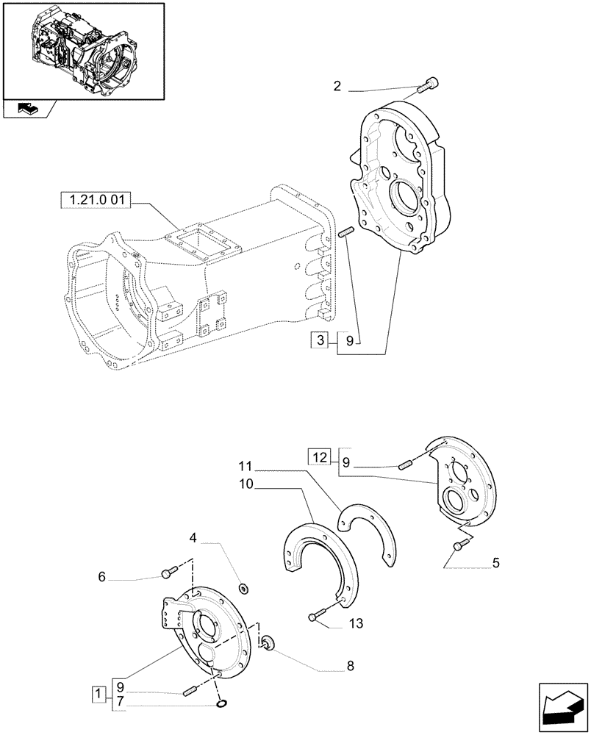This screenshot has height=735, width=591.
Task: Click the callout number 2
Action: (337, 87)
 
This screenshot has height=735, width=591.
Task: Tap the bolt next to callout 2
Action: (426, 86)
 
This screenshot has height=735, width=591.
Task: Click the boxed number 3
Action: (320, 340)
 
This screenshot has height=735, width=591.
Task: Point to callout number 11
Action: (245, 466)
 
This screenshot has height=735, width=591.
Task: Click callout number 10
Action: (245, 486)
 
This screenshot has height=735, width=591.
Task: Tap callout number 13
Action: (357, 624)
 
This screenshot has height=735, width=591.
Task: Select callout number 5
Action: (495, 563)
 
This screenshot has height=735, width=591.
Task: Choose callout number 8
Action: (351, 667)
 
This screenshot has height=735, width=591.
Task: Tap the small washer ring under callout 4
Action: (244, 587)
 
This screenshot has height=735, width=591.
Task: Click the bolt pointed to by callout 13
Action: (317, 616)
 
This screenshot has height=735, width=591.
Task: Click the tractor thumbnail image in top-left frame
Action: (82, 49)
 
